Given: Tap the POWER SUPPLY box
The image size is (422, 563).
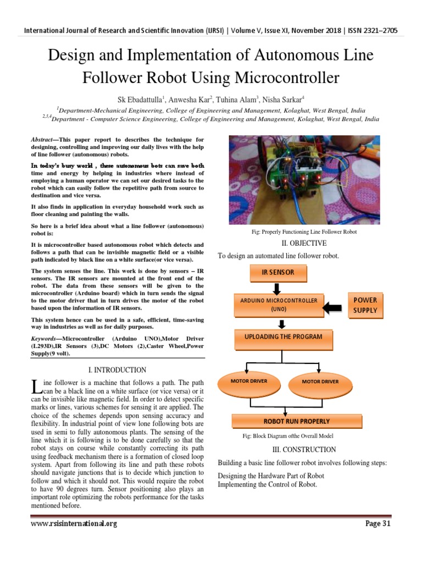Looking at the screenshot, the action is tap(365, 305).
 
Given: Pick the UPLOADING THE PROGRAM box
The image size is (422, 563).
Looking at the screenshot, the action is tap(284, 336).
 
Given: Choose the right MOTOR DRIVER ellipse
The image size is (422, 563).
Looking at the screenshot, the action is tap(320, 381).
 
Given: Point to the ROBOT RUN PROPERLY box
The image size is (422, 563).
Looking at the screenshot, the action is tap(297, 421).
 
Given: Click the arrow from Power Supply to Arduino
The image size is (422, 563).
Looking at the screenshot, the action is tap(333, 305).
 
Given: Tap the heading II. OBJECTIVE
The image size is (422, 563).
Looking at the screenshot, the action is tap(303, 243).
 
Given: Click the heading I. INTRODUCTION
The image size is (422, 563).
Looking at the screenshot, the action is tap(117, 370).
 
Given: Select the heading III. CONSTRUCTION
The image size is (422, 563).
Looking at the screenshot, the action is tap(304, 449).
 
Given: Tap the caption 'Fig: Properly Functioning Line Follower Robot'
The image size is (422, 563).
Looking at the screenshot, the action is tap(304, 231).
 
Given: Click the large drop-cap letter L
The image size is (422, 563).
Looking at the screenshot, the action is tap(36, 386).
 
